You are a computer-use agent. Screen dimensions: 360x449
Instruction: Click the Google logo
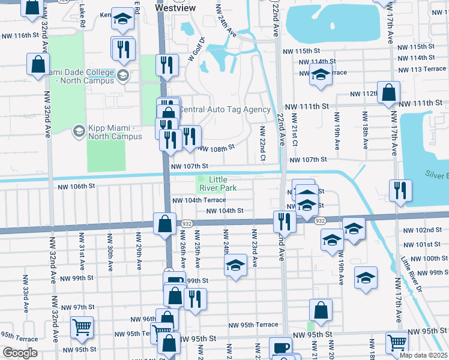(20, 352)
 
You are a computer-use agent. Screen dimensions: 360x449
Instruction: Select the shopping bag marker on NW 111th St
(389, 93)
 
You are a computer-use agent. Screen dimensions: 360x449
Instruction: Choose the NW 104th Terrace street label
(199, 200)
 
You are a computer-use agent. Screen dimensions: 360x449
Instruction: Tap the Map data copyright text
(423, 355)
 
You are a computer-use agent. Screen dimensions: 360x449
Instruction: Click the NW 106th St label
(76, 187)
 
